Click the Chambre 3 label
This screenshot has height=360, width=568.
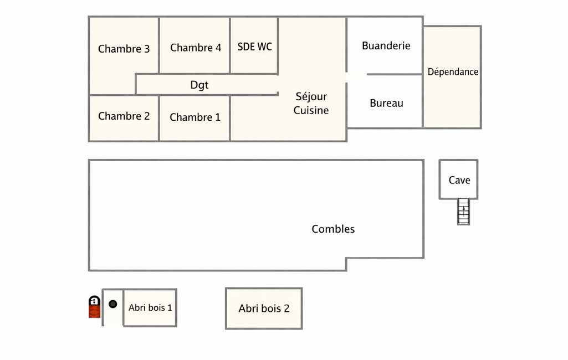[124, 49]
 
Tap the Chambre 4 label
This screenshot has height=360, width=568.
[196, 48]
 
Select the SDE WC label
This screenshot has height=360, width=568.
[254, 47]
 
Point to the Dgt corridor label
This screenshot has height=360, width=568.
[199, 85]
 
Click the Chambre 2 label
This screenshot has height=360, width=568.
[124, 116]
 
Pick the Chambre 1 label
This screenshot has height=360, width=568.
[195, 117]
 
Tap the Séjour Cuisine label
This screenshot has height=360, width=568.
[311, 104]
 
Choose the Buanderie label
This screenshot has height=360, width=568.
[386, 46]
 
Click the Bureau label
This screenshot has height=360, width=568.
[386, 103]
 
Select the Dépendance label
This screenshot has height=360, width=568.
[453, 72]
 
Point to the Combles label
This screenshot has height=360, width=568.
[333, 229]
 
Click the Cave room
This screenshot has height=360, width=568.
[459, 180]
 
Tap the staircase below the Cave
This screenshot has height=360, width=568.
[463, 212]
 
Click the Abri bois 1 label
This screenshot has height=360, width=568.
[150, 307]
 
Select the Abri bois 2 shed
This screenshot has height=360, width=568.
[264, 308]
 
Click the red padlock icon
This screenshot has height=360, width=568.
[94, 307]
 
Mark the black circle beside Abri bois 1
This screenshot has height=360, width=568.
[113, 304]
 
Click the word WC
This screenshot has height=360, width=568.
[264, 47]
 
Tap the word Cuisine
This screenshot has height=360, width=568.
[311, 110]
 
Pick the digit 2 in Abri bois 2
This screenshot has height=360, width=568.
[286, 308]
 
